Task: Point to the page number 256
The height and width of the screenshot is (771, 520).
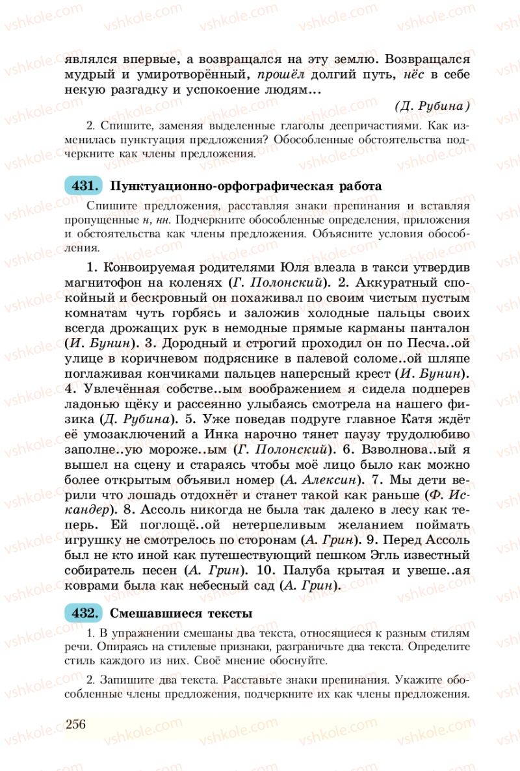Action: point(76,724)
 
